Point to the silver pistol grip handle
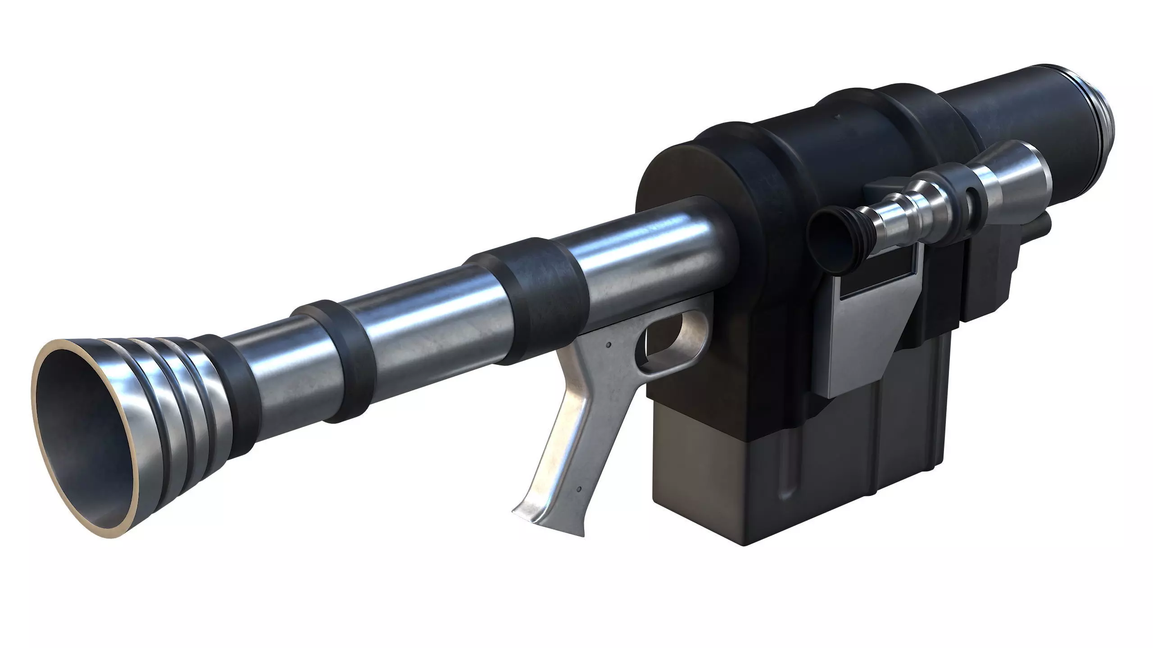(x=572, y=432)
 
